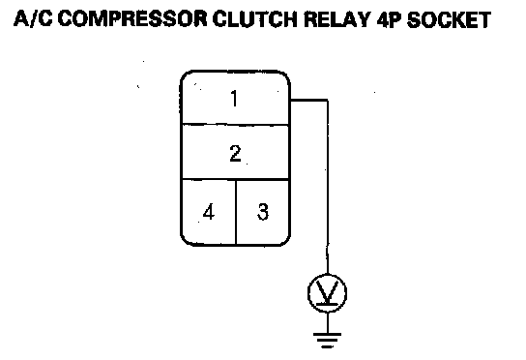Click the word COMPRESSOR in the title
click(132, 18)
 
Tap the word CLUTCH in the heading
click(255, 18)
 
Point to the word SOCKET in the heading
click(449, 19)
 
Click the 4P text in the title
click(389, 19)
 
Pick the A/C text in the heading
click(33, 18)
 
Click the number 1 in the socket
click(235, 99)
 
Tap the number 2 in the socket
click(235, 153)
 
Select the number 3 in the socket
click(263, 212)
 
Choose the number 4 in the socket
click(209, 212)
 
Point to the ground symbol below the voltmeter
click(328, 341)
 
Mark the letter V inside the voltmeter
click(327, 292)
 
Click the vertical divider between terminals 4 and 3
click(236, 212)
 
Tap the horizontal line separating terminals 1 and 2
click(235, 125)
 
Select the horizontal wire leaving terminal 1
click(309, 100)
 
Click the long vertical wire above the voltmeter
click(328, 187)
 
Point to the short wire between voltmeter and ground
click(328, 322)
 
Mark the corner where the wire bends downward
click(328, 100)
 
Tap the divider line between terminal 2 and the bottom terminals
click(235, 179)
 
